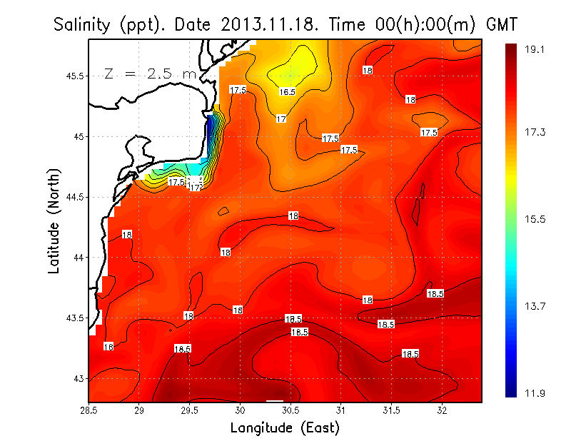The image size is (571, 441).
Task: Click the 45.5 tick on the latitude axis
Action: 74,76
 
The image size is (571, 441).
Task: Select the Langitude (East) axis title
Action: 285,428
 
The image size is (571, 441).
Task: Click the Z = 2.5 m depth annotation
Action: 150,73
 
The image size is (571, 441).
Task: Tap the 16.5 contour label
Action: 287,91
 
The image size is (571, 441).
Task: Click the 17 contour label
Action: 281,118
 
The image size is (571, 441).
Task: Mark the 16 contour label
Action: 108,347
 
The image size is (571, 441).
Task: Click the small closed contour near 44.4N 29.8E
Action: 223,211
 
